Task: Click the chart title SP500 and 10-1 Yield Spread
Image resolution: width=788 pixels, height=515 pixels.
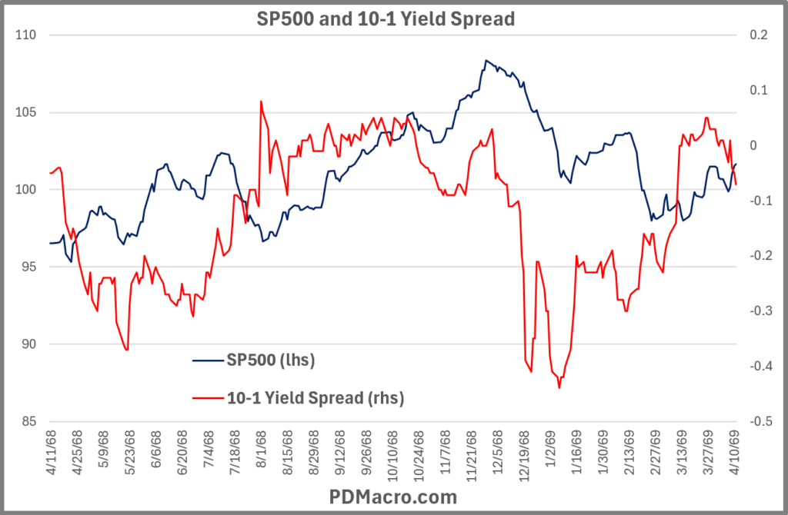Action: tap(385, 19)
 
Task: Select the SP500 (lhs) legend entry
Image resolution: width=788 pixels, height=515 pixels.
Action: tap(270, 359)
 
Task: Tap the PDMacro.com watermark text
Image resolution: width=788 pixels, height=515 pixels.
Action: tap(393, 496)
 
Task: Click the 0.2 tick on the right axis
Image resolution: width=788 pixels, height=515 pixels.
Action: tap(757, 35)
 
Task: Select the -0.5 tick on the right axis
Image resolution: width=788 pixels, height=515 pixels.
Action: tap(756, 421)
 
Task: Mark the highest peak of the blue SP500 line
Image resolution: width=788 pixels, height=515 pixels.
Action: tap(486, 60)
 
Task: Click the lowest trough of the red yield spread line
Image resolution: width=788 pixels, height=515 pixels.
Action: tap(559, 388)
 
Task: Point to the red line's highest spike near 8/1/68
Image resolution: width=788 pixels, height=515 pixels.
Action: tap(261, 101)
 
